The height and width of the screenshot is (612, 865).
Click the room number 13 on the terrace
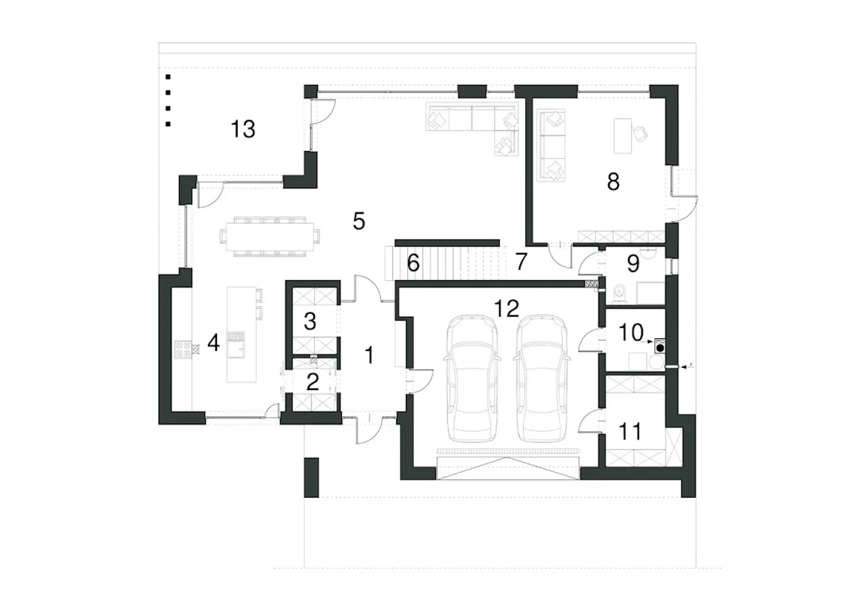[x=243, y=129]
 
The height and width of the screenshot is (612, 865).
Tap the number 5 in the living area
[x=359, y=221]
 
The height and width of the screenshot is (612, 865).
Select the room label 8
[x=613, y=182]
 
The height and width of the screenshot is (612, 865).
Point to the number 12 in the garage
[x=507, y=308]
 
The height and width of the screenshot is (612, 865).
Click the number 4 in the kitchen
[x=214, y=343]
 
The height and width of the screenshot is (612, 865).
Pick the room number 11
[x=630, y=431]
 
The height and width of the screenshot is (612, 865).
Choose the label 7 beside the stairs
[x=521, y=262]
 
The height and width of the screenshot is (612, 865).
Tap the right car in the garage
[x=542, y=378]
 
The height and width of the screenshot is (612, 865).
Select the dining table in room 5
[x=270, y=236]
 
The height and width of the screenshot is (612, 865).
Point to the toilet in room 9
[x=620, y=293]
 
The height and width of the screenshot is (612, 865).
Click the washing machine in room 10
[x=660, y=346]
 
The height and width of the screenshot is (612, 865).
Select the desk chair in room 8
[x=640, y=133]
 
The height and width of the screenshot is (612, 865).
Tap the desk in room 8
[x=622, y=136]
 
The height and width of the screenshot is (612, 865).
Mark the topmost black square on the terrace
[x=168, y=77]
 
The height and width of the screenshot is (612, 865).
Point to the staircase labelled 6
[x=445, y=263]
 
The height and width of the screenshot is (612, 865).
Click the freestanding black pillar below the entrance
[x=312, y=477]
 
